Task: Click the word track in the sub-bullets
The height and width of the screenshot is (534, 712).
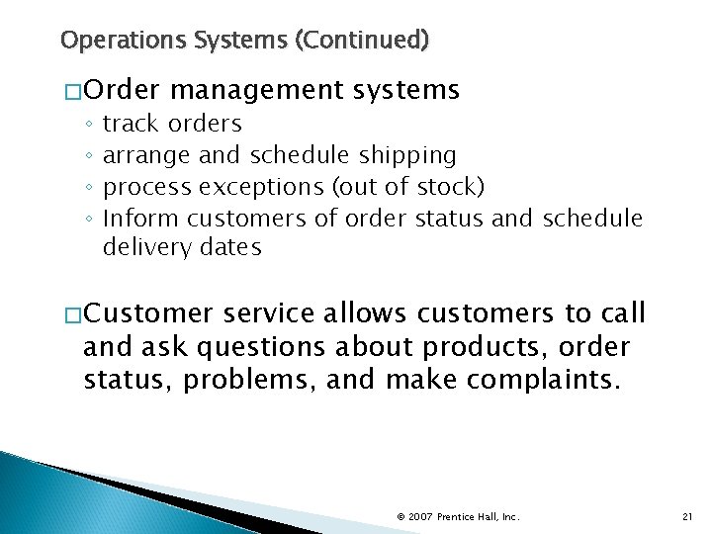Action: (132, 124)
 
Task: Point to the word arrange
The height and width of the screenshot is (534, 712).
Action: (147, 155)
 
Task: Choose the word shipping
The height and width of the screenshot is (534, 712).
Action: (407, 155)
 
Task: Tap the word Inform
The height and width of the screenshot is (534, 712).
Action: (141, 218)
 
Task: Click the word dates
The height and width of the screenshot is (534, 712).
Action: (230, 248)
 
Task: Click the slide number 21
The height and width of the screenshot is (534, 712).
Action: (688, 517)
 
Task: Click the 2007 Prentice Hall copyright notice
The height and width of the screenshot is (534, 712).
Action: (457, 517)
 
